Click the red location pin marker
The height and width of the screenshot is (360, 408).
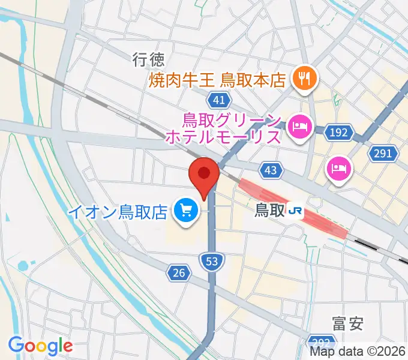pyautogui.click(x=203, y=175)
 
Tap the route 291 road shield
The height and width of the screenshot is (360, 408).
pyautogui.click(x=383, y=154)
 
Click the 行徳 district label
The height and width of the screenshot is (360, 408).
pyautogui.click(x=148, y=58)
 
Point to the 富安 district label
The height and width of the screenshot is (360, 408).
pyautogui.click(x=347, y=325)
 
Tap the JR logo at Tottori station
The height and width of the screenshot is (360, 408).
pyautogui.click(x=295, y=211)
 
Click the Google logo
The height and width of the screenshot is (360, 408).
pyautogui.click(x=40, y=346)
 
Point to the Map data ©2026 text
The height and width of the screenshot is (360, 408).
pyautogui.click(x=358, y=352)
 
